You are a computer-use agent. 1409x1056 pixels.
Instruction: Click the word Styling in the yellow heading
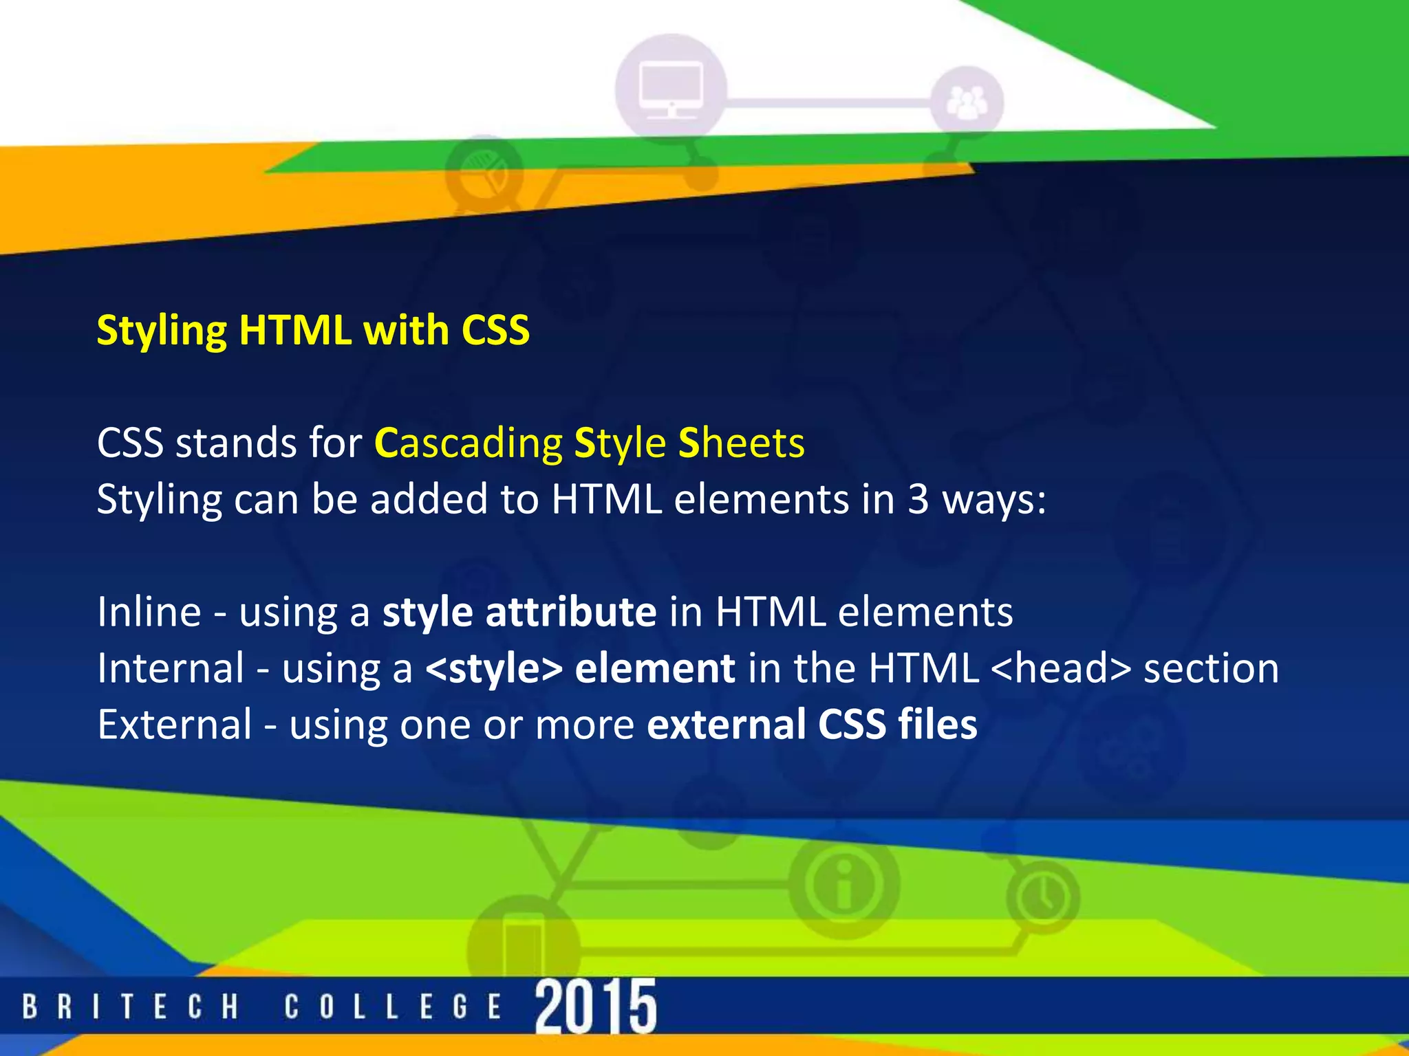(162, 331)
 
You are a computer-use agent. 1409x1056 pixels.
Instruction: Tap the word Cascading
(469, 443)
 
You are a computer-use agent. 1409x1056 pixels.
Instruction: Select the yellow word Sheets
(741, 443)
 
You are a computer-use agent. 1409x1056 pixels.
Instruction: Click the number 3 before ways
(918, 500)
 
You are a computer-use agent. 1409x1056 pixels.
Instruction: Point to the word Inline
(149, 611)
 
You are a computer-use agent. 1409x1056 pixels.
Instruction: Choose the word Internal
(171, 668)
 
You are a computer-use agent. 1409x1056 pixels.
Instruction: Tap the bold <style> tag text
(494, 668)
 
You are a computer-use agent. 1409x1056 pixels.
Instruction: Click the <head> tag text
(1062, 668)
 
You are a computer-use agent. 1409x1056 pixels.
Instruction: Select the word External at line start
(175, 724)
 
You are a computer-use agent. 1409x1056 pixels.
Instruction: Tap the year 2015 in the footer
(596, 1006)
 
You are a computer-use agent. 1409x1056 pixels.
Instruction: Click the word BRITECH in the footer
(130, 1008)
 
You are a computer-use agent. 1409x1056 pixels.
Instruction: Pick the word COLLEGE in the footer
(393, 1008)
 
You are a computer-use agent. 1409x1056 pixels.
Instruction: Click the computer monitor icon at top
(671, 90)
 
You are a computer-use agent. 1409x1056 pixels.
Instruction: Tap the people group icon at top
(967, 103)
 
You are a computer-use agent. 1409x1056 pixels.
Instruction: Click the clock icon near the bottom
(1042, 896)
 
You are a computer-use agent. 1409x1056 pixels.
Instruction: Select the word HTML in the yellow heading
(295, 330)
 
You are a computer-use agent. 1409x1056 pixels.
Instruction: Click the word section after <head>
(1211, 668)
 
